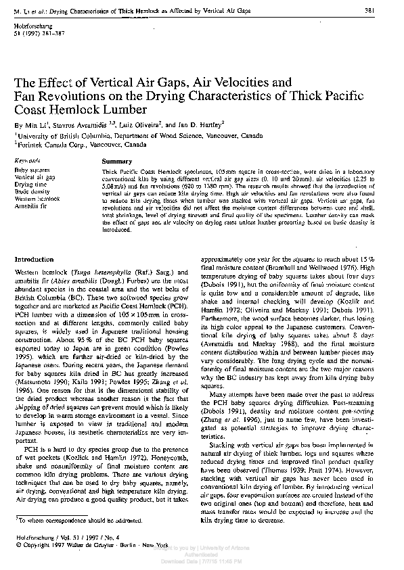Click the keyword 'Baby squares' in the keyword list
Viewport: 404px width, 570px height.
point(30,169)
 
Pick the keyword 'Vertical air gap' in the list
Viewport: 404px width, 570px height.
point(35,176)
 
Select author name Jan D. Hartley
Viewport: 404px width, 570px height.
point(200,124)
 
